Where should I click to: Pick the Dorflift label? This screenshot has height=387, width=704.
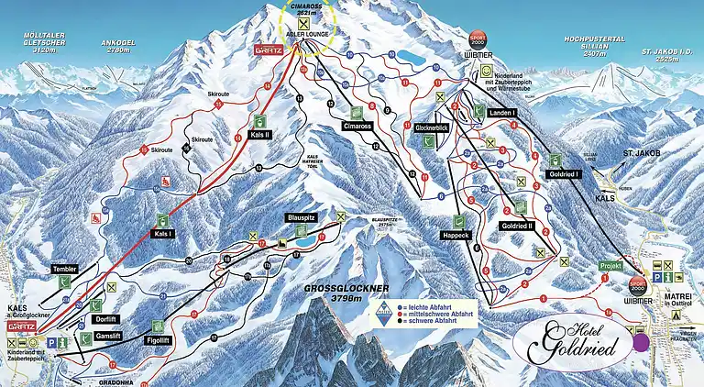(x=106, y=318)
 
